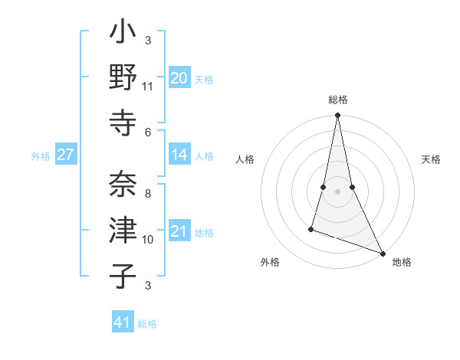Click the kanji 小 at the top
(x=123, y=34)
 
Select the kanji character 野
(x=123, y=78)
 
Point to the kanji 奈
(x=123, y=185)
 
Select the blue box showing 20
(x=179, y=78)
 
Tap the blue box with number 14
(x=179, y=155)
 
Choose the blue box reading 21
(x=179, y=231)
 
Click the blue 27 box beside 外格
(x=66, y=155)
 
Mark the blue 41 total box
(x=123, y=322)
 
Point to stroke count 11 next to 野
(x=148, y=87)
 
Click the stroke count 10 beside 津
(x=148, y=239)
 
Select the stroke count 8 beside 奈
(x=148, y=194)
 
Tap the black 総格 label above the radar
(x=337, y=100)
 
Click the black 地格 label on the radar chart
(x=402, y=262)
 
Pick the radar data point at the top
(x=337, y=116)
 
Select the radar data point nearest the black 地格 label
(x=382, y=253)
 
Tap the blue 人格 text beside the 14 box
(x=204, y=155)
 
